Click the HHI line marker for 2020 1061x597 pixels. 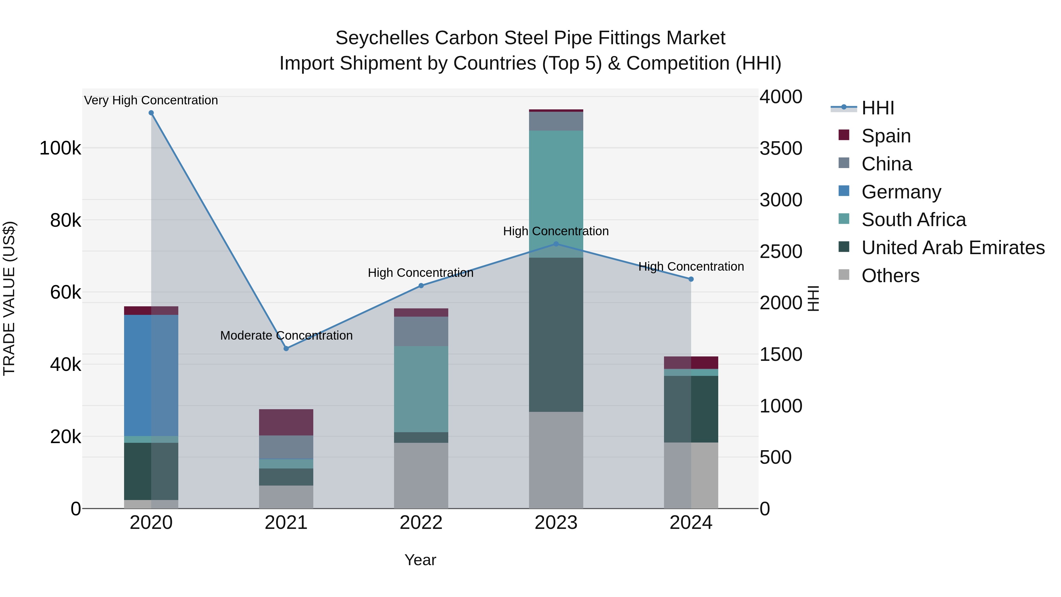151,113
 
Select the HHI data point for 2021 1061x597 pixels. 286,348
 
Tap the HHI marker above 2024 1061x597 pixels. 691,279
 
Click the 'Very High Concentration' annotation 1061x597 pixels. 151,100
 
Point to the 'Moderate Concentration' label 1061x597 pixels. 286,335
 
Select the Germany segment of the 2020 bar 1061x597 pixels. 151,375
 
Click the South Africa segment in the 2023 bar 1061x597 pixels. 556,194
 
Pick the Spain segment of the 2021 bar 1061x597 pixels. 286,422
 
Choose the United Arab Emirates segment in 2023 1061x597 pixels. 556,335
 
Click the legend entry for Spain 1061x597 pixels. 886,136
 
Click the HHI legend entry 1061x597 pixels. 877,108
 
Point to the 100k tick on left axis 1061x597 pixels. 60,148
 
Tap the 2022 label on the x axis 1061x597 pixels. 421,523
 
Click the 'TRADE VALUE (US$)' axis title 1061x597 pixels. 9,298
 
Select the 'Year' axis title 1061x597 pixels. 420,560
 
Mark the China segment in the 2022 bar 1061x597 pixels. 421,331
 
